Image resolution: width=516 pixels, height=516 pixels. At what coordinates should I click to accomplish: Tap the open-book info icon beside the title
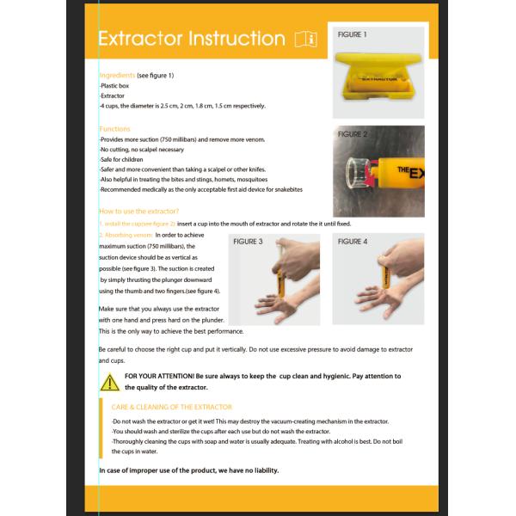click(305, 39)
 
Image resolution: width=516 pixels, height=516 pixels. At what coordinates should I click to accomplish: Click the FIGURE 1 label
click(353, 35)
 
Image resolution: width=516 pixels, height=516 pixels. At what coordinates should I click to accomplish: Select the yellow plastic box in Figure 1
click(378, 76)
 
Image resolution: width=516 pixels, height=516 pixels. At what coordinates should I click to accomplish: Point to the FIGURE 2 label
click(353, 135)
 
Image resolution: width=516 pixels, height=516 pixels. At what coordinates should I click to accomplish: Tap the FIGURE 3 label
click(249, 243)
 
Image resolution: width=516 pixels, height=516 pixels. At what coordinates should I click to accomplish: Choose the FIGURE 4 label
click(353, 243)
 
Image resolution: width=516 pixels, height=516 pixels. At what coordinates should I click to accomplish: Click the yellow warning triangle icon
click(109, 382)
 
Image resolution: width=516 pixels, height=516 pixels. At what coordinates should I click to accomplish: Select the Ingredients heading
click(117, 76)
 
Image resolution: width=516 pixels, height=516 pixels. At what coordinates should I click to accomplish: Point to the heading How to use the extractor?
click(138, 212)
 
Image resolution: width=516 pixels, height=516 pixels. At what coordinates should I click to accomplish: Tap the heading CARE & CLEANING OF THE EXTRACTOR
click(171, 407)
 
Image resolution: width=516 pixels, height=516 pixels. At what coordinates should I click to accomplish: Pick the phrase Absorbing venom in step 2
click(129, 234)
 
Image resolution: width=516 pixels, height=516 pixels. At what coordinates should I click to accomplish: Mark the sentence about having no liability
click(188, 470)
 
